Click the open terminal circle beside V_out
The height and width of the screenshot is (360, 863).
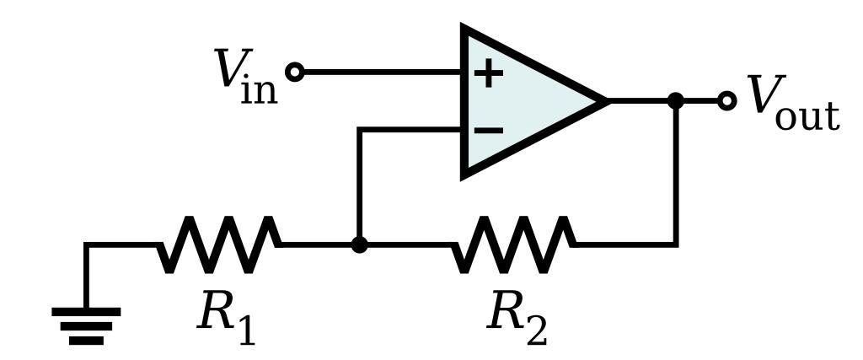tap(726, 101)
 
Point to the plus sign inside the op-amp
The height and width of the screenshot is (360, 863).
tap(488, 73)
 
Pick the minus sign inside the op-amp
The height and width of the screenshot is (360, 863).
tap(488, 130)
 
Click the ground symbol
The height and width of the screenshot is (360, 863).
tap(86, 325)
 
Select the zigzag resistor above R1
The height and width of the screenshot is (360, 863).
tap(219, 244)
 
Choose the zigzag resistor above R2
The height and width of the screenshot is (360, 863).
tap(513, 244)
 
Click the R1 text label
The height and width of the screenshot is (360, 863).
tap(225, 319)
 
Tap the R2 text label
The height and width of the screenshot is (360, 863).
tap(517, 319)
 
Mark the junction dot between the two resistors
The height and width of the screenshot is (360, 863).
tap(359, 245)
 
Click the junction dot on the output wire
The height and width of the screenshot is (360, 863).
tap(676, 101)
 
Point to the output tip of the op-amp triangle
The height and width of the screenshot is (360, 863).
tap(605, 101)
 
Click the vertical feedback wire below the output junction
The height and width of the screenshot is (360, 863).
tap(676, 177)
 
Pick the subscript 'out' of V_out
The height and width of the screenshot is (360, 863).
tap(807, 116)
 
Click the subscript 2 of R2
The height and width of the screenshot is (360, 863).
tap(536, 331)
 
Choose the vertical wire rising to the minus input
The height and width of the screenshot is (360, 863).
tap(359, 185)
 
